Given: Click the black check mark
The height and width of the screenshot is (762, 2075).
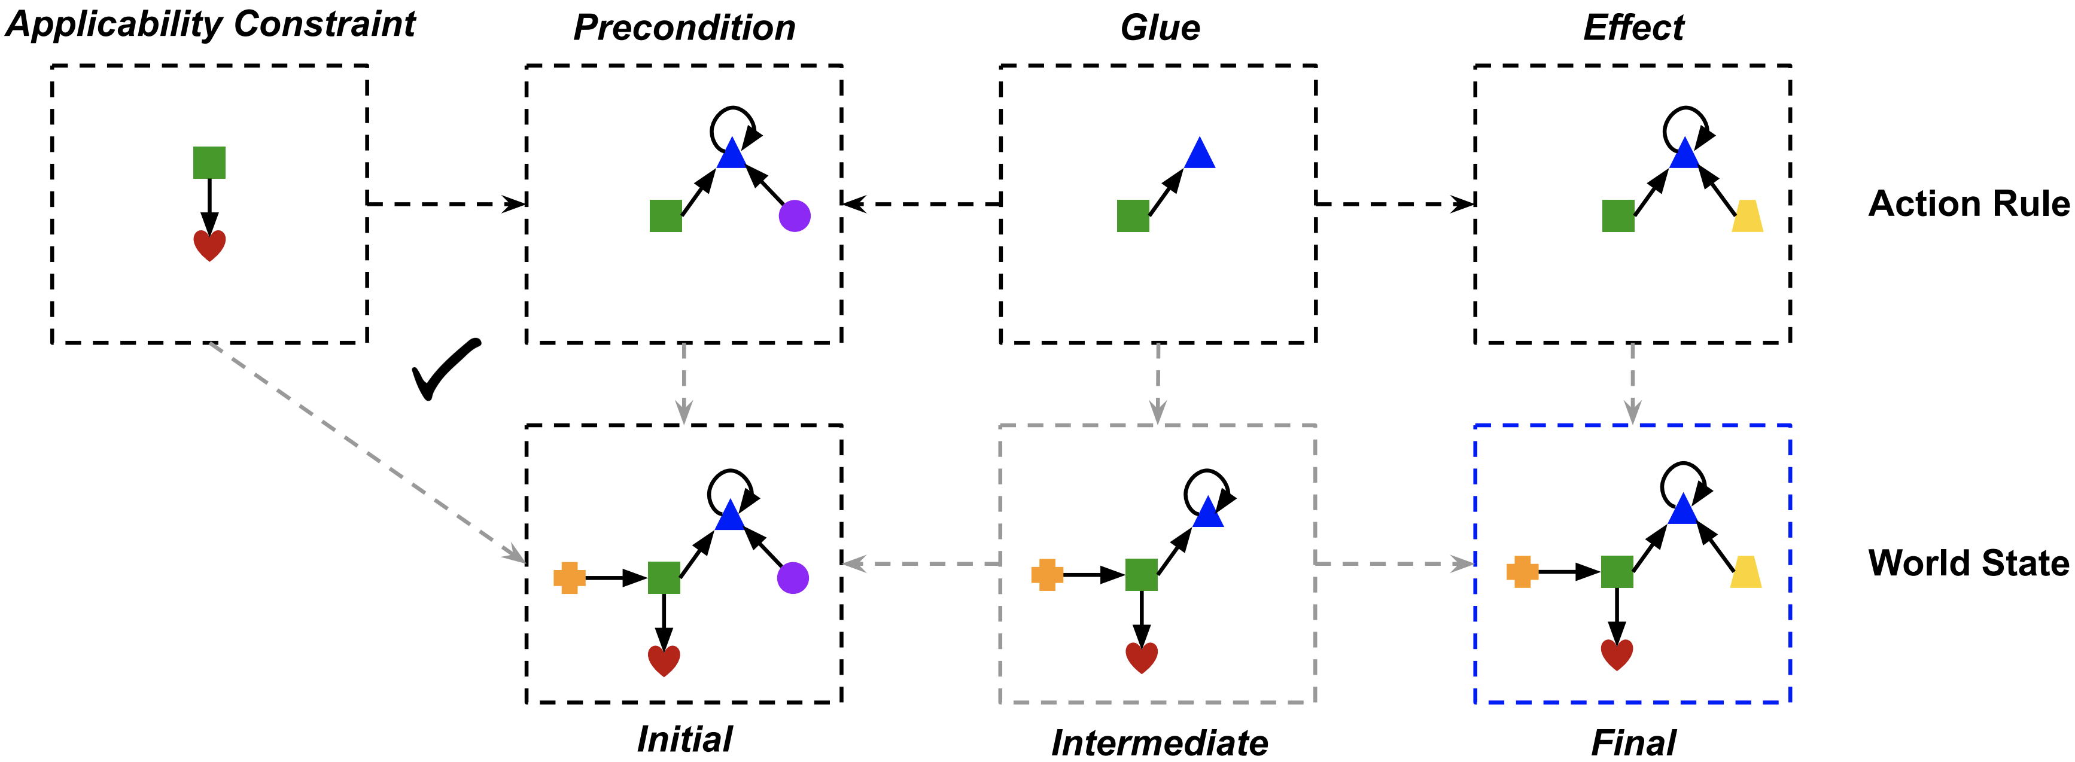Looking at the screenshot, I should click(x=445, y=370).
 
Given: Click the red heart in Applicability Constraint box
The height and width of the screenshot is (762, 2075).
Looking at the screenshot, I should click(x=209, y=245).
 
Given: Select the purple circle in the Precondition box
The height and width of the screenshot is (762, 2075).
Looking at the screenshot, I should click(x=794, y=216).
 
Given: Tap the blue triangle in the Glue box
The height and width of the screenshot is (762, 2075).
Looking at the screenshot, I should click(x=1200, y=154).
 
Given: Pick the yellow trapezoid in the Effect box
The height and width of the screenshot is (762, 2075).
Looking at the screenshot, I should click(x=1747, y=217).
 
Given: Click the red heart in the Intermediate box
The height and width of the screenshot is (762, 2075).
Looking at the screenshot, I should click(x=1142, y=657).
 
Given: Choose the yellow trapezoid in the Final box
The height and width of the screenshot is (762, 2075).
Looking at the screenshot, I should click(x=1745, y=572).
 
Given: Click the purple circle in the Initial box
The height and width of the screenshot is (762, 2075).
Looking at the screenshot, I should click(x=793, y=578).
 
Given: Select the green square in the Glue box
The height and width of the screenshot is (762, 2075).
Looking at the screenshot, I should click(x=1133, y=216).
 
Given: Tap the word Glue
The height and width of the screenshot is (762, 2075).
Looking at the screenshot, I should click(x=1160, y=28).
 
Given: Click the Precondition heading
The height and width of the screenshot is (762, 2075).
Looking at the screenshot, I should click(x=684, y=28).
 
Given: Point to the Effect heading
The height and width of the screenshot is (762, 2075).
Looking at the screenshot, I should click(x=1633, y=28).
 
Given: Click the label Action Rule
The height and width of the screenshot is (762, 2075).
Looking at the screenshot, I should click(x=1968, y=204).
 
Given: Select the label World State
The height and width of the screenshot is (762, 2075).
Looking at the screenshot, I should click(x=1968, y=563).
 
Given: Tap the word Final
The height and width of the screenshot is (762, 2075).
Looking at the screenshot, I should click(x=1633, y=743).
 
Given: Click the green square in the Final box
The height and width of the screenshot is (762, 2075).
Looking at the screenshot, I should click(x=1617, y=572).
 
